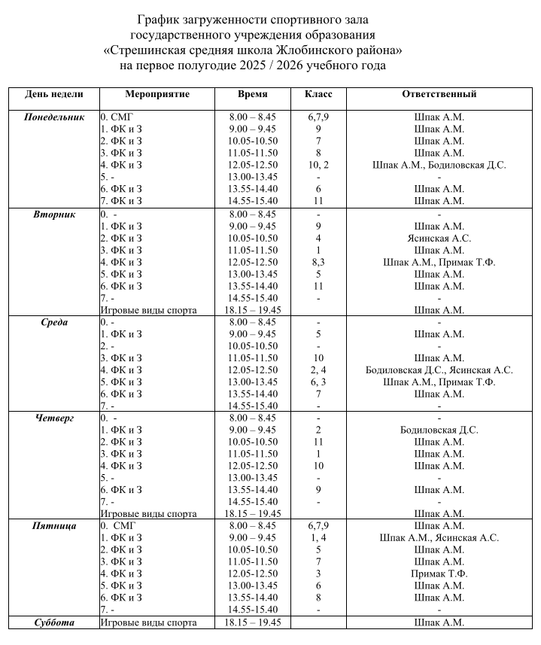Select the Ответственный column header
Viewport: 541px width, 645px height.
[439, 94]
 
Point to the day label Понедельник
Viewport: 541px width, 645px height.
[54, 117]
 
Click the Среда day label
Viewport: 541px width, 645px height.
[54, 322]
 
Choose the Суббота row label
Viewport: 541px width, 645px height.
[54, 622]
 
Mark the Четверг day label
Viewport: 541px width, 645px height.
[54, 418]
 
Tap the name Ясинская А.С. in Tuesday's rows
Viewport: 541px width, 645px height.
[439, 238]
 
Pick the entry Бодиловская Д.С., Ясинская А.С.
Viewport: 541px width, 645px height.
[439, 370]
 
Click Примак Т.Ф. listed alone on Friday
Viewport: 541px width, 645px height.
[439, 574]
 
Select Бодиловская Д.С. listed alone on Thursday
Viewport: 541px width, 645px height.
[439, 430]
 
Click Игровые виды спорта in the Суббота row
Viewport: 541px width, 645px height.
[149, 622]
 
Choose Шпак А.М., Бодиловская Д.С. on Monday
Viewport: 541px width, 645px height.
[439, 166]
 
